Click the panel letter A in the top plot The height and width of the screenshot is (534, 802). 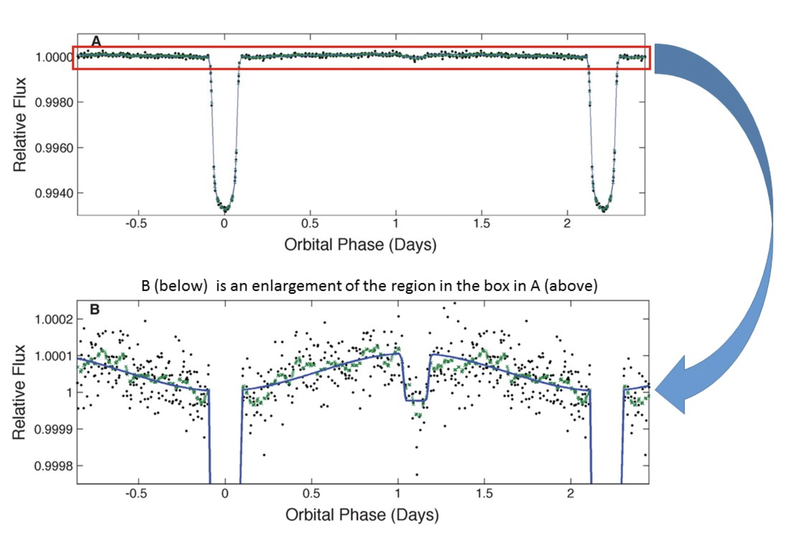(96, 41)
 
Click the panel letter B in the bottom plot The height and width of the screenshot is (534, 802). (95, 310)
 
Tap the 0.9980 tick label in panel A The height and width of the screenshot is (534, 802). (54, 103)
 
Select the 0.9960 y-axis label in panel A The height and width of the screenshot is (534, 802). (54, 148)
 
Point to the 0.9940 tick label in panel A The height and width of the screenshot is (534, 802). (54, 194)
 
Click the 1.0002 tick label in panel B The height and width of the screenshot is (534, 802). (54, 319)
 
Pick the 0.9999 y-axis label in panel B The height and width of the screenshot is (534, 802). (54, 429)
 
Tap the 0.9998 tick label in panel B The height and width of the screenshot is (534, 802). (54, 466)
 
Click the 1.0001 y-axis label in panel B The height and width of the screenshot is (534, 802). (54, 356)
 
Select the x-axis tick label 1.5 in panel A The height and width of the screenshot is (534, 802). (482, 224)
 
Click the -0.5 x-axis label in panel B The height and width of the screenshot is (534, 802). (137, 493)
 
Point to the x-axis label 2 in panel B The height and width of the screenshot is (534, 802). (571, 493)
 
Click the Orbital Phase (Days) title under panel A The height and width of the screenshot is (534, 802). (360, 245)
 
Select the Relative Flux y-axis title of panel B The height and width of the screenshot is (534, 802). (19, 392)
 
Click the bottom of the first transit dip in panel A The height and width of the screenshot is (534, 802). (225, 209)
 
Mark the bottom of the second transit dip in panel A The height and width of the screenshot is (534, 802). (603, 209)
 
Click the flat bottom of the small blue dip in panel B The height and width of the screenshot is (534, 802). (415, 400)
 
